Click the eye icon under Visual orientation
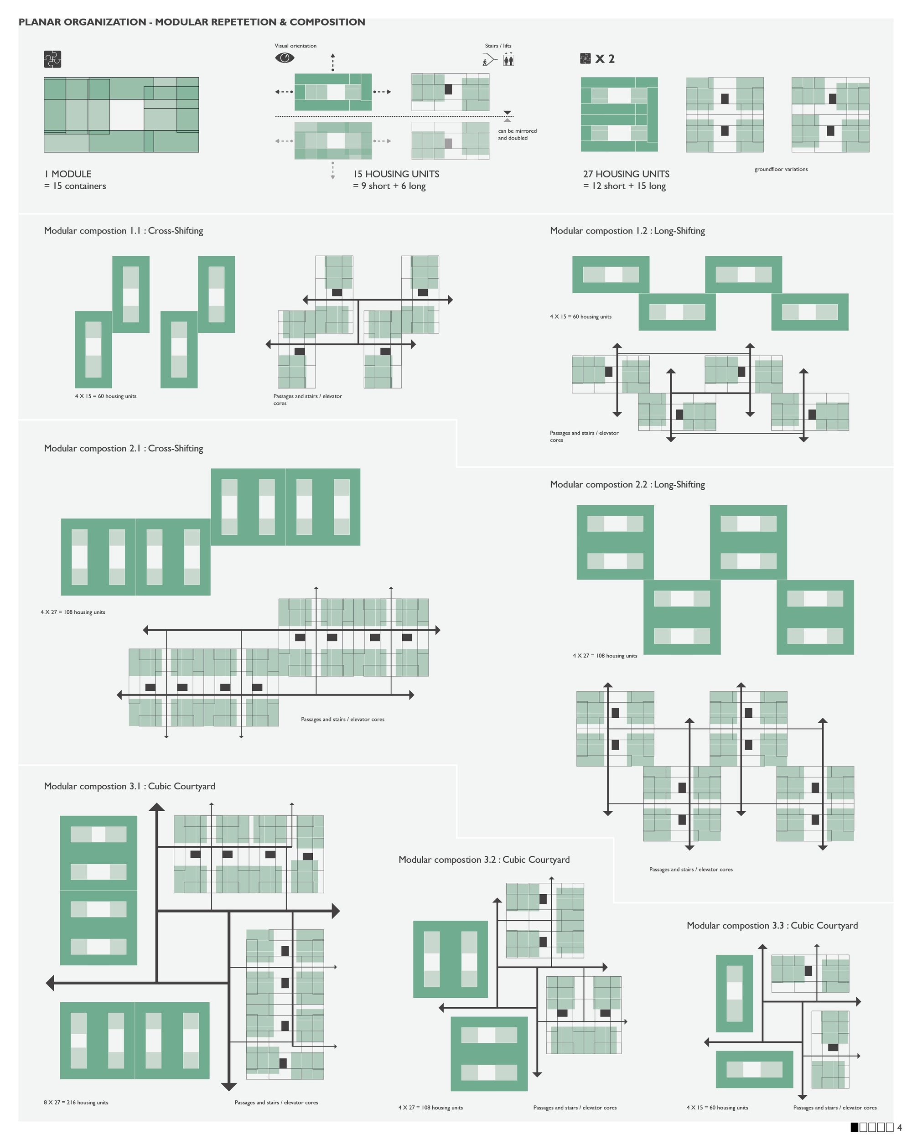(x=285, y=57)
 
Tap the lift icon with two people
(x=508, y=59)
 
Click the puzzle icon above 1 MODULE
(x=53, y=59)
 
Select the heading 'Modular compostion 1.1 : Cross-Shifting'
(x=124, y=231)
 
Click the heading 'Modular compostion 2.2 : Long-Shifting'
(x=627, y=484)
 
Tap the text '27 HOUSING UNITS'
(x=626, y=174)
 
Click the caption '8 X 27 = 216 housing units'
(x=76, y=1103)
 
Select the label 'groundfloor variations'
(x=781, y=169)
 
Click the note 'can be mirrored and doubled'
(x=517, y=135)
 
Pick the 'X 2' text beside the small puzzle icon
(x=605, y=59)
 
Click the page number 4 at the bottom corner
(x=899, y=1128)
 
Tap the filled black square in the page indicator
(x=855, y=1127)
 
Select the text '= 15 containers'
(x=75, y=186)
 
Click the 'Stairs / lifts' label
(x=498, y=46)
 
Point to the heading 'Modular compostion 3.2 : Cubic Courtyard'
(x=484, y=859)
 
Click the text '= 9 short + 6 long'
(x=389, y=186)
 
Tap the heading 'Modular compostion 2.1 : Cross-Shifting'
(x=124, y=448)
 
